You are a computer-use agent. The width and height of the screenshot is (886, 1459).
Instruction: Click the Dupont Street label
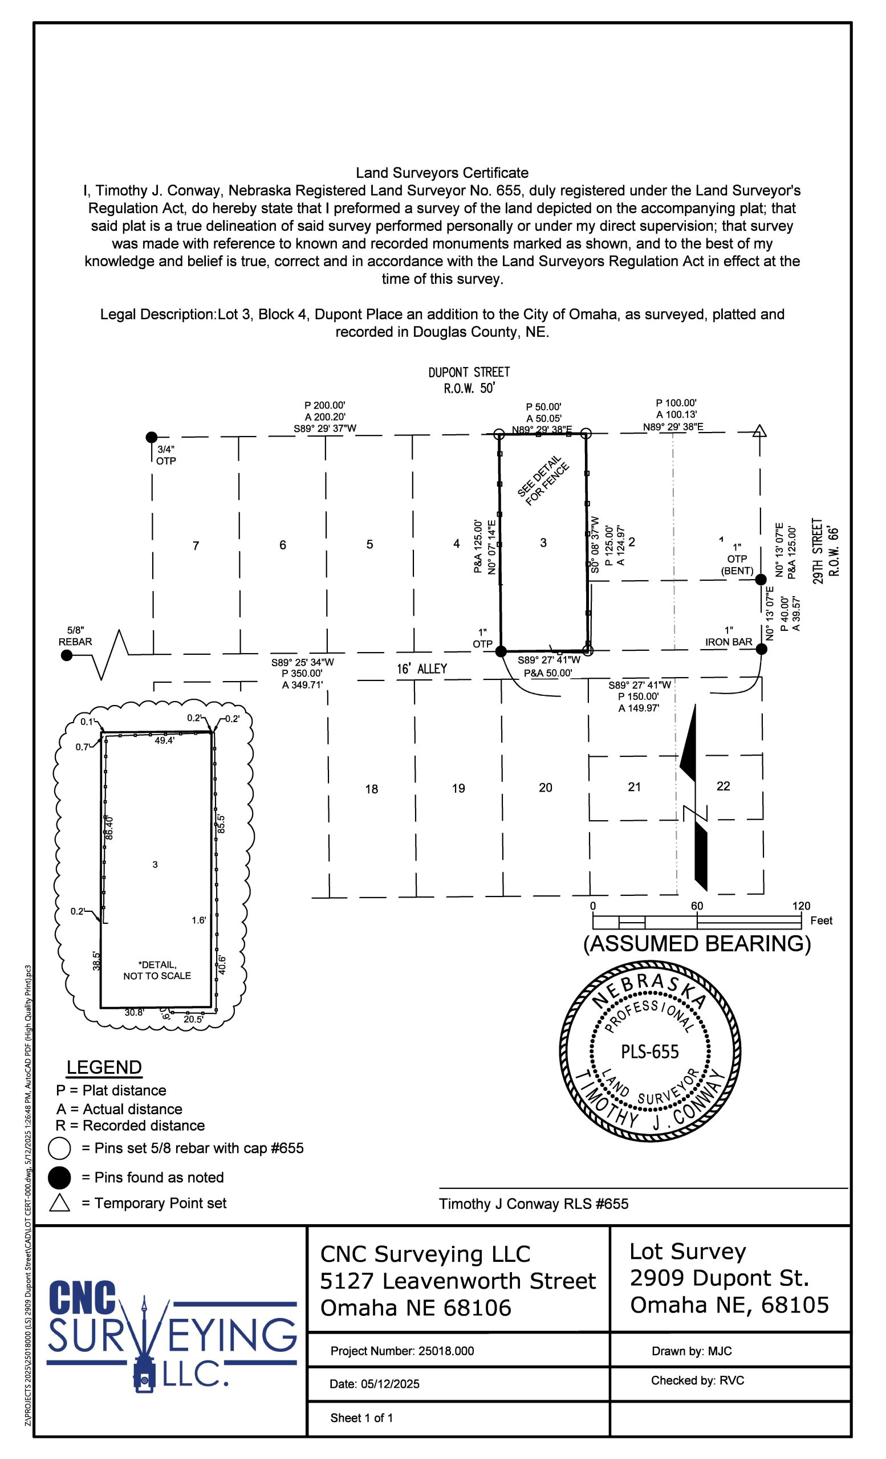[469, 373]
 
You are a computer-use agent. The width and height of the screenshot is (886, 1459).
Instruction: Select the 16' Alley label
[422, 669]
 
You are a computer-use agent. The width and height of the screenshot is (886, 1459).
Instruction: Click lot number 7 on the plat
[196, 545]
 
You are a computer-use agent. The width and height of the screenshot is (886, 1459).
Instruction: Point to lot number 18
[371, 789]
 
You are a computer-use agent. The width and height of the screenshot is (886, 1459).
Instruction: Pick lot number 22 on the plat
[723, 786]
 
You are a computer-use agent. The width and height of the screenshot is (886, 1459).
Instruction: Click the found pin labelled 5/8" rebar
[67, 655]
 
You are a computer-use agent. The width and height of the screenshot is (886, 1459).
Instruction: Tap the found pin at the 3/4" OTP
[152, 437]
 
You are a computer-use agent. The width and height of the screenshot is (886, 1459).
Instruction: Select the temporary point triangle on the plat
[759, 431]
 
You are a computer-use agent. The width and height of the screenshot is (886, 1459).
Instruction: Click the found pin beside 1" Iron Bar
[762, 649]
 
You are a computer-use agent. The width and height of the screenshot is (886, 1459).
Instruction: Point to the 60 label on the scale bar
[697, 906]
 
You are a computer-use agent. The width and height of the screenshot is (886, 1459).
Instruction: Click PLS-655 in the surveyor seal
[650, 1052]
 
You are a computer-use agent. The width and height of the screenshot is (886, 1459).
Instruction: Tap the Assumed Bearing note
[697, 943]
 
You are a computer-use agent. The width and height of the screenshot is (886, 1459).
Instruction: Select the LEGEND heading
[104, 1067]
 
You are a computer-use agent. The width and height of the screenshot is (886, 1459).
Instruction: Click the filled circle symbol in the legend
[59, 1177]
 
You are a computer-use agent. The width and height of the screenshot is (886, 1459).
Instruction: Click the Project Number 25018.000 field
[402, 1351]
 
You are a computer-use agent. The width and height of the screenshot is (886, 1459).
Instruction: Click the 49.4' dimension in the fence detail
[165, 740]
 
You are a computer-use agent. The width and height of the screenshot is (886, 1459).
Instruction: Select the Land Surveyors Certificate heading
[442, 173]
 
